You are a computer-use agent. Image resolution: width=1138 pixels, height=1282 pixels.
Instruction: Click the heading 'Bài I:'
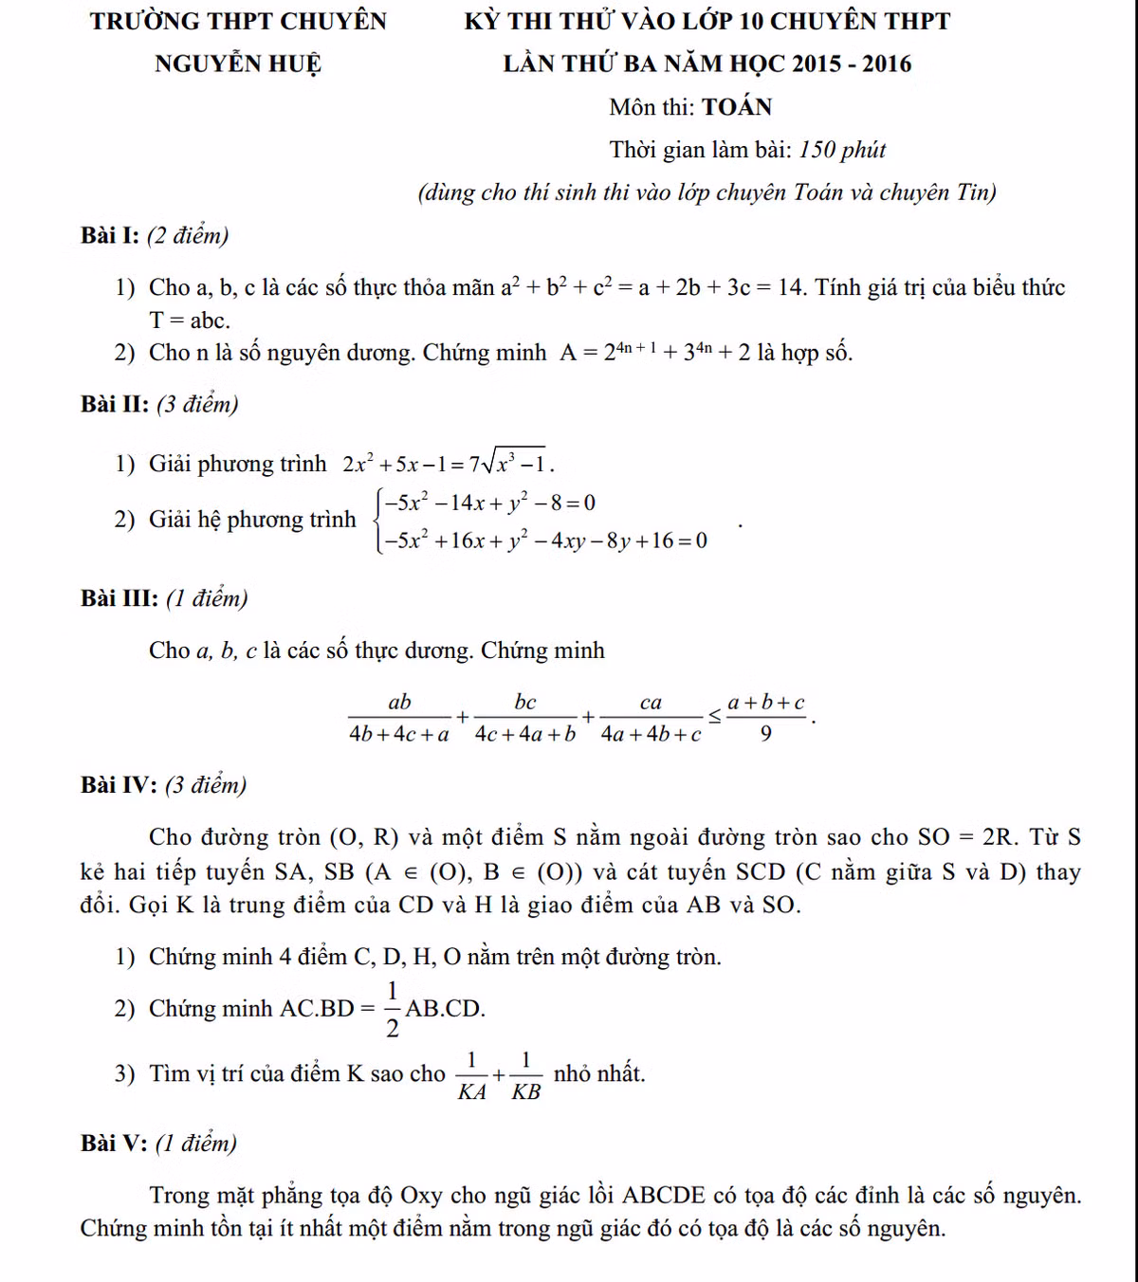click(111, 235)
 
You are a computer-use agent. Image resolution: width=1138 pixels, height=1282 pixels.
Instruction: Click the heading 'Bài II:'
click(115, 404)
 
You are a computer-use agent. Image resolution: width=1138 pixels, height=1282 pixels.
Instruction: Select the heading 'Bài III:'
click(119, 598)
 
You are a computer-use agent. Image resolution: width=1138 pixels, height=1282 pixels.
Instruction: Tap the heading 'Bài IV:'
click(119, 785)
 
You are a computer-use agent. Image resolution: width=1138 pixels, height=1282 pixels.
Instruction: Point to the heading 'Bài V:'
click(114, 1144)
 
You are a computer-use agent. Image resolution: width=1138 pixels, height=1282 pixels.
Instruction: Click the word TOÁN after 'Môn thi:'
click(737, 107)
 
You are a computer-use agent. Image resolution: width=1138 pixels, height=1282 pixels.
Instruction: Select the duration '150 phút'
click(842, 150)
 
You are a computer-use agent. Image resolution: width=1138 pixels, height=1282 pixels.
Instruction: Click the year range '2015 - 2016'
click(852, 64)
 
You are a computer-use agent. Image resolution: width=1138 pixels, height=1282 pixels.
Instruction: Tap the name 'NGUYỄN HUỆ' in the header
click(238, 64)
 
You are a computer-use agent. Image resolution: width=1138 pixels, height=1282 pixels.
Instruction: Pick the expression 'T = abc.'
click(190, 320)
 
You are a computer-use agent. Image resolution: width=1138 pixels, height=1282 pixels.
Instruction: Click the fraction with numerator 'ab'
click(399, 718)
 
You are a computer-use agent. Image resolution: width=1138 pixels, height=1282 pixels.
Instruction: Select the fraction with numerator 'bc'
click(525, 718)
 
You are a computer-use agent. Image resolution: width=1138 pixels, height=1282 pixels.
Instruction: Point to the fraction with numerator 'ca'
click(651, 718)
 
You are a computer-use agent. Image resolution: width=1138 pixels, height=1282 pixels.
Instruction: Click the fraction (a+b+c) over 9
click(765, 718)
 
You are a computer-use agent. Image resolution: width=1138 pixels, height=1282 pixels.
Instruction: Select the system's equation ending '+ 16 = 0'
click(545, 540)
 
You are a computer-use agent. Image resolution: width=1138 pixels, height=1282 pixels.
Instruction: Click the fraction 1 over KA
click(471, 1076)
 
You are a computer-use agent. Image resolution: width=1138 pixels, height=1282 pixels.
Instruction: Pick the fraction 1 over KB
click(525, 1076)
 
